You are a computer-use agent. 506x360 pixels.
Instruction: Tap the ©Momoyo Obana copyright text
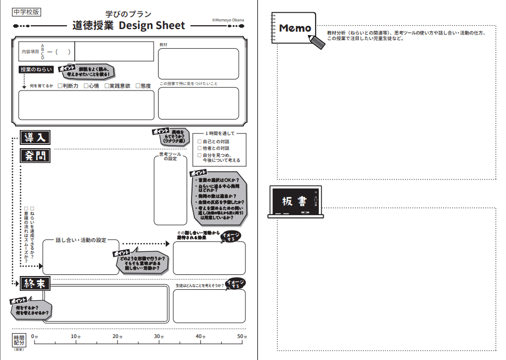[x=228, y=20]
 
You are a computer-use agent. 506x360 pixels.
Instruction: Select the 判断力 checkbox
[x=60, y=86]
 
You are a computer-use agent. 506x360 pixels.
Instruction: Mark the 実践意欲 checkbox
[x=107, y=86]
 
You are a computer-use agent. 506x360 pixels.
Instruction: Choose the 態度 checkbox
[x=138, y=86]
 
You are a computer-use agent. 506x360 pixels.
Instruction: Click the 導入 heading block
[x=35, y=137]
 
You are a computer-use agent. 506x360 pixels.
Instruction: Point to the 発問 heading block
[x=35, y=155]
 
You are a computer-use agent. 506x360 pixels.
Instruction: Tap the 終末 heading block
[x=35, y=284]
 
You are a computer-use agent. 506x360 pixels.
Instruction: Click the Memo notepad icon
[x=294, y=27]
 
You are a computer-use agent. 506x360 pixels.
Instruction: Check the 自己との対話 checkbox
[x=200, y=142]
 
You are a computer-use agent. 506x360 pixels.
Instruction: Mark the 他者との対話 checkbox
[x=200, y=148]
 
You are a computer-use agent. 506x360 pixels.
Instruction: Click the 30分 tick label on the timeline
[x=158, y=336]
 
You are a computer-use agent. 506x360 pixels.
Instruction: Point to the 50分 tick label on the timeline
[x=240, y=336]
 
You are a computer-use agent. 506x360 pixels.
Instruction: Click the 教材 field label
[x=164, y=44]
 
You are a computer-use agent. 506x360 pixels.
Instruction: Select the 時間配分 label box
[x=19, y=340]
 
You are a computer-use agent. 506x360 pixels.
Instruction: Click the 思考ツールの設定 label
[x=170, y=156]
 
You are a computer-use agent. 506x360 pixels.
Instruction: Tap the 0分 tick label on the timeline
[x=34, y=336]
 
